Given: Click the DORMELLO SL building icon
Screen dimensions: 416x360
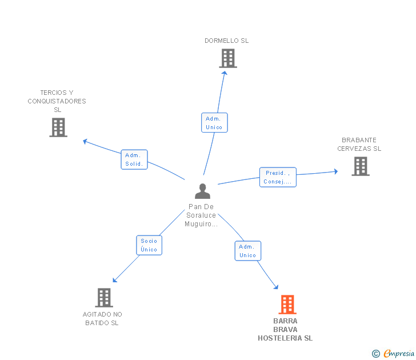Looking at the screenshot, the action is click(x=228, y=58).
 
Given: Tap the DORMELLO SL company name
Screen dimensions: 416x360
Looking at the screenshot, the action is click(x=226, y=41).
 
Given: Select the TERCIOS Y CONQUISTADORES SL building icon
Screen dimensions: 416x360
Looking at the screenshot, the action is click(x=58, y=127).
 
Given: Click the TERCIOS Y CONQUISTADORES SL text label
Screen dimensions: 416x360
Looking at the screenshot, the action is click(x=57, y=101).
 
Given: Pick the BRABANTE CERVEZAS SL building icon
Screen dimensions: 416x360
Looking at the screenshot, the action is click(x=361, y=166).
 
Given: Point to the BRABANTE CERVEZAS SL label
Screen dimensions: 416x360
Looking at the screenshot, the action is click(x=359, y=145).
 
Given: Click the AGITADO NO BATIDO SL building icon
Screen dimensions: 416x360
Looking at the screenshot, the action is click(x=104, y=298).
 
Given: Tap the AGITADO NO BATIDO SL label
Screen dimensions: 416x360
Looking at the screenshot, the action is click(x=102, y=319).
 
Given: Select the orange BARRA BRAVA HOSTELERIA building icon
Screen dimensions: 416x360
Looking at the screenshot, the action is click(x=287, y=305).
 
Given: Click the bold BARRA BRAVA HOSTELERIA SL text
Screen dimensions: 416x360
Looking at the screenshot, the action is click(x=285, y=330).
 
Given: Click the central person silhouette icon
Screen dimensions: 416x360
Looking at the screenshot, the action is click(x=202, y=191).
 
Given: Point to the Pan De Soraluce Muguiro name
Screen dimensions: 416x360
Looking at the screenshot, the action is click(x=201, y=215).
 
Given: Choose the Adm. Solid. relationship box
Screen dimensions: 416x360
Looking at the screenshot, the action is click(x=134, y=159).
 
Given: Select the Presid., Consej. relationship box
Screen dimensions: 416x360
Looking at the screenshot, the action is click(x=278, y=177).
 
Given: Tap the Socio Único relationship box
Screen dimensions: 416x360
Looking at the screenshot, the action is click(x=149, y=245).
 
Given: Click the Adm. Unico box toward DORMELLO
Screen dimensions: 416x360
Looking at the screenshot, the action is click(x=214, y=122).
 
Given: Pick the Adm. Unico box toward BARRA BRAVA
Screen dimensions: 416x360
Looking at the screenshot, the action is click(x=248, y=251).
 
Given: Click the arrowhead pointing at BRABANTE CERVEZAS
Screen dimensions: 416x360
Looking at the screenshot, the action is click(x=336, y=171).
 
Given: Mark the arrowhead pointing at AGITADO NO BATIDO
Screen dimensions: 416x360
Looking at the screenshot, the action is click(x=115, y=280).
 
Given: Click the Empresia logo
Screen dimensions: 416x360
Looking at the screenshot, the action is click(x=393, y=353).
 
